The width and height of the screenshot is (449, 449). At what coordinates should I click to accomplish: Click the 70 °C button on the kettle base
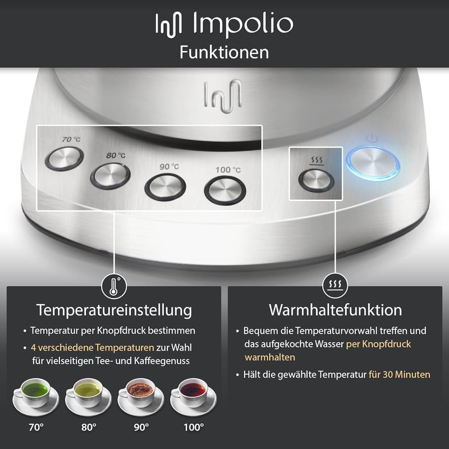pos(65,159)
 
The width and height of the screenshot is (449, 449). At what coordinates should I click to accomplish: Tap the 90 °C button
pos(165,187)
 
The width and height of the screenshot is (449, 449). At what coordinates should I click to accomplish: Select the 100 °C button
pos(225,191)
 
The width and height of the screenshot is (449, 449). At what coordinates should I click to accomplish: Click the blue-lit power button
pos(373,163)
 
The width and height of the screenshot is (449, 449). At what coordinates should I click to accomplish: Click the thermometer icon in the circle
pos(114,286)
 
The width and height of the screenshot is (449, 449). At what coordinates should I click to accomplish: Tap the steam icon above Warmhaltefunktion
pos(335,286)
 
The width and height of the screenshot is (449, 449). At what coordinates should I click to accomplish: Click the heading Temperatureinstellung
pos(114,310)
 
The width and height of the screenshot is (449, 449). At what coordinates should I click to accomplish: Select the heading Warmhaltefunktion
pos(335,310)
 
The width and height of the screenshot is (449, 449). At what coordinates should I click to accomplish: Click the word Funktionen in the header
pos(224,52)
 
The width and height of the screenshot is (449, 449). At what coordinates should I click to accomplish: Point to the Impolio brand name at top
pos(243,23)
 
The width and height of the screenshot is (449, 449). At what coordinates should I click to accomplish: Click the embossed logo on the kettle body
pos(223,96)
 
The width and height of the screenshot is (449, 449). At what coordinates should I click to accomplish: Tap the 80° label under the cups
pos(89,428)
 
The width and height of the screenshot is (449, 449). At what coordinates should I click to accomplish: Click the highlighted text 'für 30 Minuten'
pos(400,374)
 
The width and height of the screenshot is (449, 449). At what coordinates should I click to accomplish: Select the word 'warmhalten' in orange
pos(270,358)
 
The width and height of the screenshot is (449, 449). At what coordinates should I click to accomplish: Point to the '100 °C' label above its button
pos(228,170)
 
